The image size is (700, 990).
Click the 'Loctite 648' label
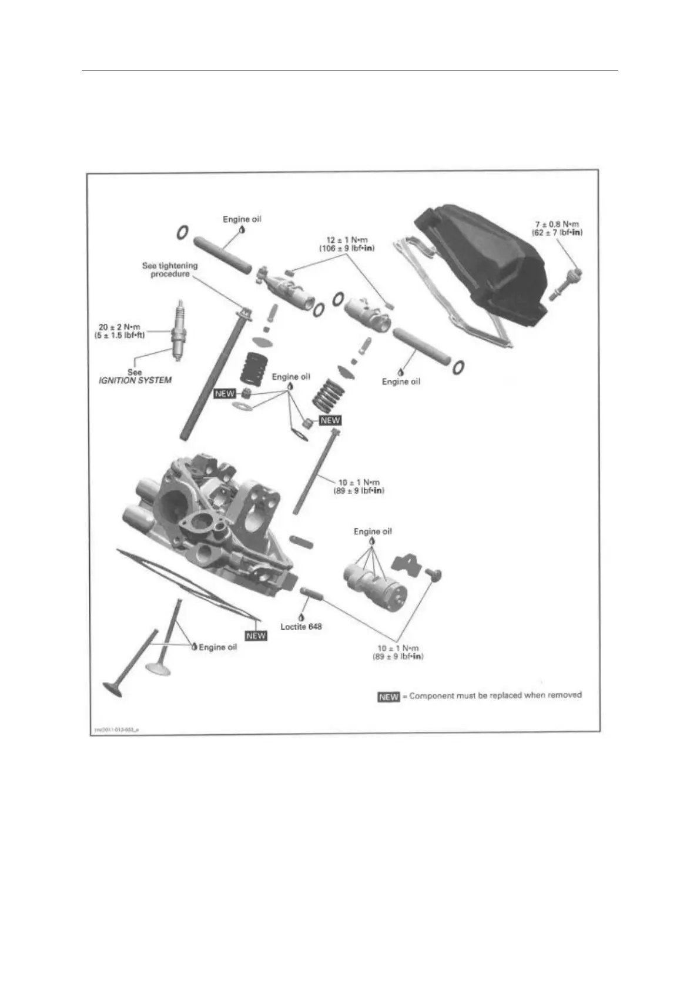pyautogui.click(x=301, y=627)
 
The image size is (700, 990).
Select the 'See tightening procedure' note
pyautogui.click(x=170, y=270)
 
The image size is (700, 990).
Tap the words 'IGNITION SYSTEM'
pyautogui.click(x=135, y=380)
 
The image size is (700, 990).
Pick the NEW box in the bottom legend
pyautogui.click(x=388, y=697)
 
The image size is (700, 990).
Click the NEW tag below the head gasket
pyautogui.click(x=256, y=636)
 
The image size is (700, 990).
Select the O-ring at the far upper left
pyautogui.click(x=182, y=232)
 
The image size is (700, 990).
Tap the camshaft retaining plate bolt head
pyautogui.click(x=436, y=574)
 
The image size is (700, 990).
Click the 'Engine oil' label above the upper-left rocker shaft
pyautogui.click(x=242, y=219)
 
